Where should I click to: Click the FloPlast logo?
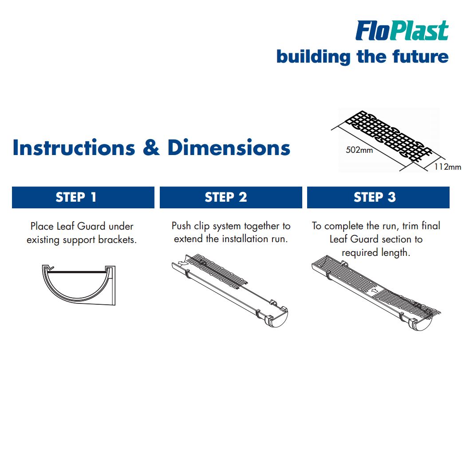(402, 31)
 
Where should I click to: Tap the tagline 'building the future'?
(362, 57)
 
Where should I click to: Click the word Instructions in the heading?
(74, 147)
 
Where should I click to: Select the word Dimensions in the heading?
(229, 147)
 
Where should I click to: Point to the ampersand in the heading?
(151, 148)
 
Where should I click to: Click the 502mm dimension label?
(359, 150)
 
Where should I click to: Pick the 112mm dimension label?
(447, 167)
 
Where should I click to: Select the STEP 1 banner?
(83, 197)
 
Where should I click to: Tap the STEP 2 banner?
(231, 197)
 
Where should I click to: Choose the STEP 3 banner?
(378, 197)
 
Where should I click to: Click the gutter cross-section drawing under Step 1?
(79, 285)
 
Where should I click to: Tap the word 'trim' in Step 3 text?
(410, 226)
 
